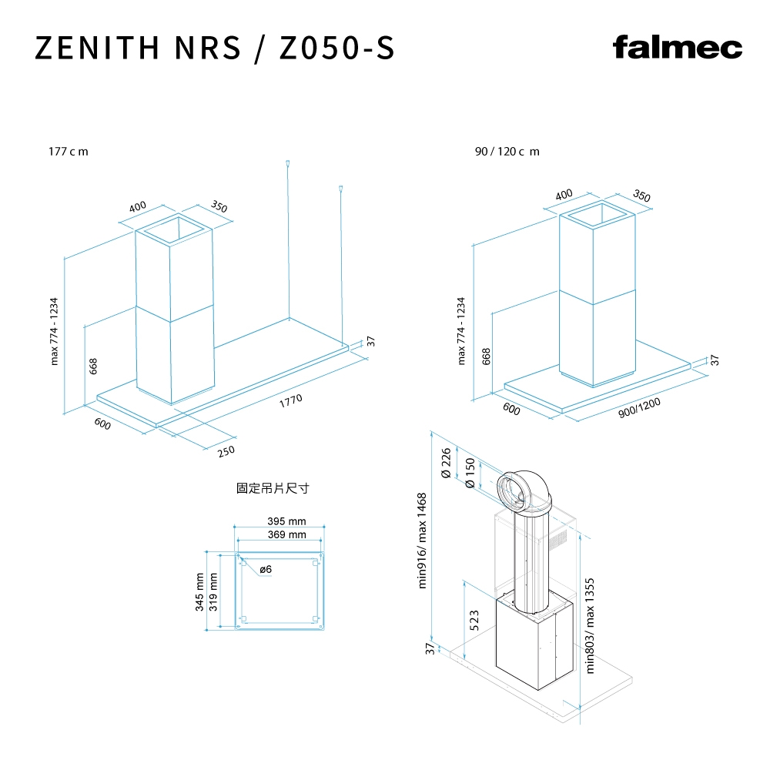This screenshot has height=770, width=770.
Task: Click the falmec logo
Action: click(x=678, y=48)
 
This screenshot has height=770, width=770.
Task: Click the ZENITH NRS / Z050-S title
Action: click(x=215, y=48)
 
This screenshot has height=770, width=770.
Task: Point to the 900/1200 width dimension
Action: click(x=639, y=407)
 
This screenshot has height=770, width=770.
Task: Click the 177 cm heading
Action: click(x=69, y=151)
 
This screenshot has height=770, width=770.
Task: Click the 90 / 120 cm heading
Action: click(x=507, y=151)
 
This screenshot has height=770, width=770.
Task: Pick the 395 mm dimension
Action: click(x=286, y=522)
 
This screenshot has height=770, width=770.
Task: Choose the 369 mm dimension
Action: click(x=286, y=534)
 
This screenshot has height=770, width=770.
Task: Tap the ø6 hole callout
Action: click(x=266, y=569)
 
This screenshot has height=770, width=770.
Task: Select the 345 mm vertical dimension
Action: click(x=200, y=591)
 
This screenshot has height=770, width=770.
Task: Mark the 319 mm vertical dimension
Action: click(x=213, y=591)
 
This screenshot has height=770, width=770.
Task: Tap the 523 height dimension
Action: click(x=474, y=620)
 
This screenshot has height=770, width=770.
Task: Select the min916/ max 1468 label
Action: click(x=422, y=541)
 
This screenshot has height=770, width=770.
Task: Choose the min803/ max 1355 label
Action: click(x=591, y=626)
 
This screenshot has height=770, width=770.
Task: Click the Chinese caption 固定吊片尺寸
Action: click(x=273, y=489)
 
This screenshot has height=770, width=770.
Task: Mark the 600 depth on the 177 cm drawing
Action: click(x=102, y=423)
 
